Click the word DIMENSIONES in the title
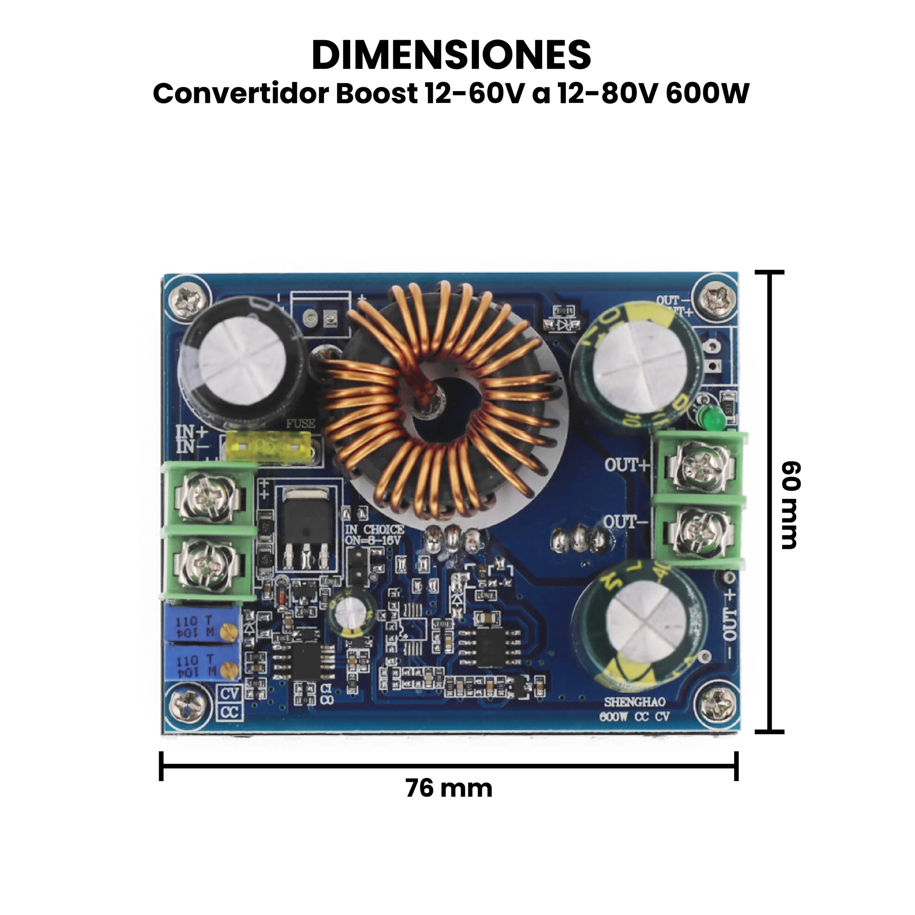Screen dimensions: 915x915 click(x=451, y=56)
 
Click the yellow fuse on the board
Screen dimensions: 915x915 click(x=268, y=447)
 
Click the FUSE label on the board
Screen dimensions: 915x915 click(x=300, y=424)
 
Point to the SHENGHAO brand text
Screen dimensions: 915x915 click(x=634, y=701)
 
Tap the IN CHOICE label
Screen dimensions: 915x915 click(x=374, y=529)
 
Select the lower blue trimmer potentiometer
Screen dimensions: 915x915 click(x=203, y=665)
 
